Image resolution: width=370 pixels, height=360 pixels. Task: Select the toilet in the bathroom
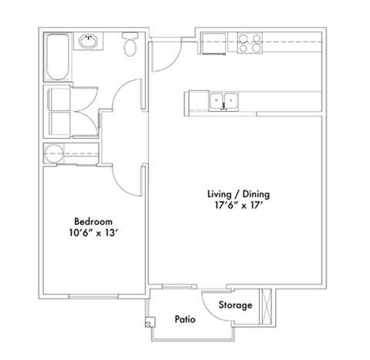130,45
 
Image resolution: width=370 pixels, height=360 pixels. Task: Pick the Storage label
234,305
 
